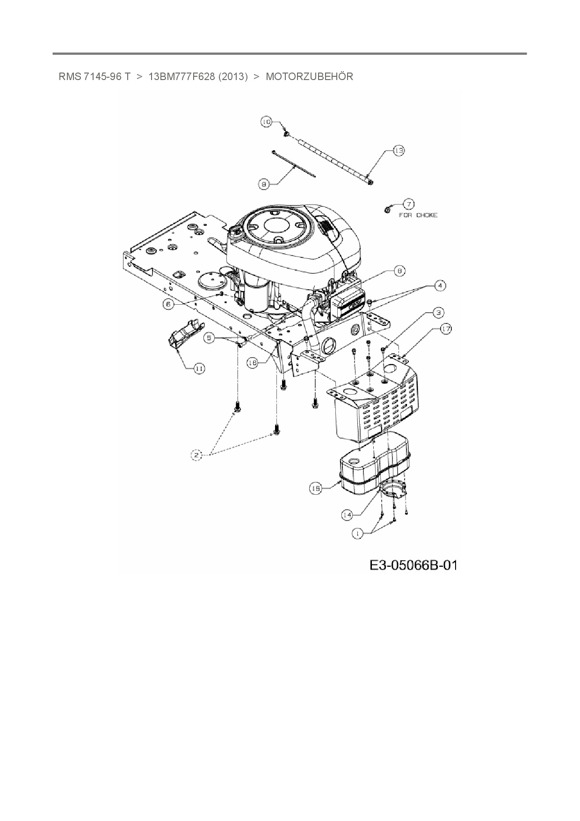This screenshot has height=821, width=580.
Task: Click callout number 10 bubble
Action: [266, 122]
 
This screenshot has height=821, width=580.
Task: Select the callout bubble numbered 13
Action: [398, 151]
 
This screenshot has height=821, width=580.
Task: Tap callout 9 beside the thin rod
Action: [264, 185]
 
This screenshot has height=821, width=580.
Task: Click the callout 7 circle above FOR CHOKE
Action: [409, 204]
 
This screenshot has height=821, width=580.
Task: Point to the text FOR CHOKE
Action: [418, 215]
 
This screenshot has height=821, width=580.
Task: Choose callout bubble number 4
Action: [439, 285]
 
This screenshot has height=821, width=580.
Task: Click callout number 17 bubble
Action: [446, 329]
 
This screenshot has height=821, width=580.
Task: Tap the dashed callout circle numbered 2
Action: [196, 454]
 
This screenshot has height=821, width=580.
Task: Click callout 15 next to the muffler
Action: [316, 489]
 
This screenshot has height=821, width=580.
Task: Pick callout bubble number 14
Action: [347, 515]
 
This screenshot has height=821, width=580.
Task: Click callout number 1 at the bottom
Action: [358, 533]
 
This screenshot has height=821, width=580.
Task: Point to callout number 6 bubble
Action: [168, 304]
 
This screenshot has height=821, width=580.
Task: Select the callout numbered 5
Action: [209, 337]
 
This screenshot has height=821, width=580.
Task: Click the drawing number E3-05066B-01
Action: [413, 565]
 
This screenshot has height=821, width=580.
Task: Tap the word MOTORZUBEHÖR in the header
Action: [309, 76]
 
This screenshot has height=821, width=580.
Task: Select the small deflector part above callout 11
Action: [183, 333]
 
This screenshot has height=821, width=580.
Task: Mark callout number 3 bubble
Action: [438, 312]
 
